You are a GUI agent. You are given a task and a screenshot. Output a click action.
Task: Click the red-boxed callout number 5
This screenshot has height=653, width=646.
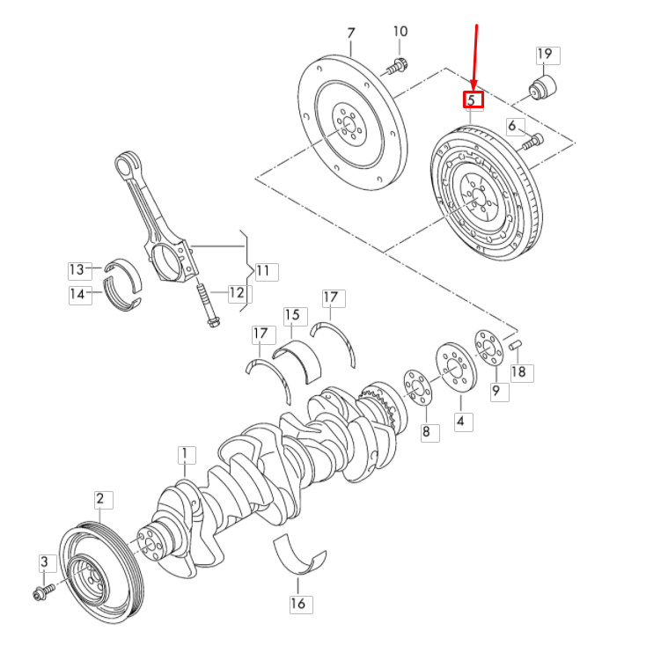coord(474,99)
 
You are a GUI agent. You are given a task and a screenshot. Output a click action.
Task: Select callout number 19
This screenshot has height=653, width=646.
coord(545,55)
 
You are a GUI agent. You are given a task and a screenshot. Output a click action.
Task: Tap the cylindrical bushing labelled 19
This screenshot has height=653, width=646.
coord(543,88)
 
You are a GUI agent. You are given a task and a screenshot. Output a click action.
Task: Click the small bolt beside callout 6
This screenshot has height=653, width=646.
coord(532,139)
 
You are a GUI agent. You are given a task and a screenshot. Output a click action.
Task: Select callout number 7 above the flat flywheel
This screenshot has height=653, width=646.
coord(350,33)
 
